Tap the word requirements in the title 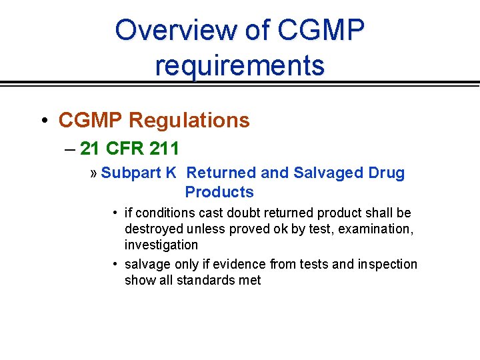coord(240,65)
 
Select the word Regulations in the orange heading coord(189,121)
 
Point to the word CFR coord(120,148)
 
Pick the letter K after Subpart coord(171,173)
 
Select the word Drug coord(387,173)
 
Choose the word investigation coord(161,245)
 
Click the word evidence coord(241,265)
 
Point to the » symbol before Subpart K coord(94,173)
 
